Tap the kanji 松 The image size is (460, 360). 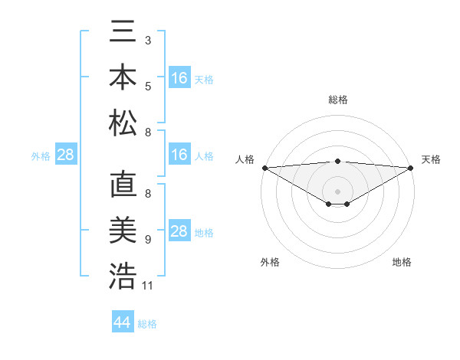[x=123, y=122]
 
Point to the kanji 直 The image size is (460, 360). [x=123, y=185]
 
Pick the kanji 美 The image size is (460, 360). [x=123, y=231]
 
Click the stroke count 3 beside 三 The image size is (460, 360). [x=148, y=40]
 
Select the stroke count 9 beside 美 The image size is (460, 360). [x=148, y=240]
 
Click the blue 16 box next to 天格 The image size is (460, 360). [x=179, y=78]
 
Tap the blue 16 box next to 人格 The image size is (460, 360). [x=179, y=155]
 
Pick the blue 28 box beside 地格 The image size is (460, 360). [x=179, y=231]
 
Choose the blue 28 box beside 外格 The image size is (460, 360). [x=66, y=155]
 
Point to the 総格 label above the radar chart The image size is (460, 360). [x=337, y=100]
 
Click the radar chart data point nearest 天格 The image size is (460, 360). [x=411, y=167]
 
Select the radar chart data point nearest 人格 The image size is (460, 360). [x=264, y=167]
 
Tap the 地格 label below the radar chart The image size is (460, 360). [x=402, y=262]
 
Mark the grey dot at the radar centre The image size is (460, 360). [x=337, y=191]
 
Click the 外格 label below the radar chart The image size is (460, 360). [x=270, y=262]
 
